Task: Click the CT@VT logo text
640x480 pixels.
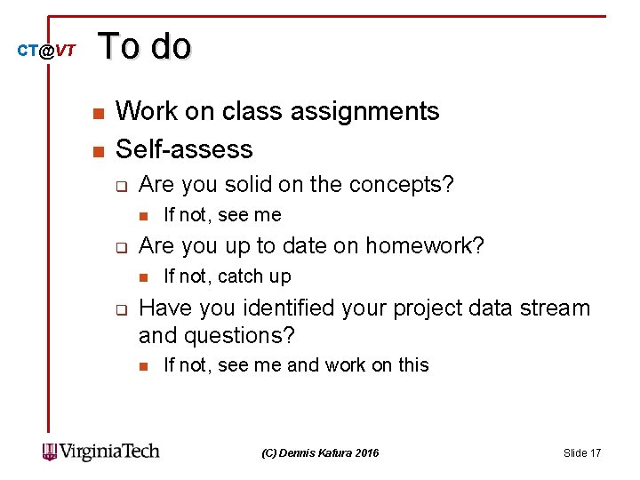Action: pos(46,51)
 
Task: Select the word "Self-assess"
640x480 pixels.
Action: pos(184,148)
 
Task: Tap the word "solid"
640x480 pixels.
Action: pos(250,185)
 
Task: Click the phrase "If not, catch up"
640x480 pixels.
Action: pos(228,276)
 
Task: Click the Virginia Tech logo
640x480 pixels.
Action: pos(100,452)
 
